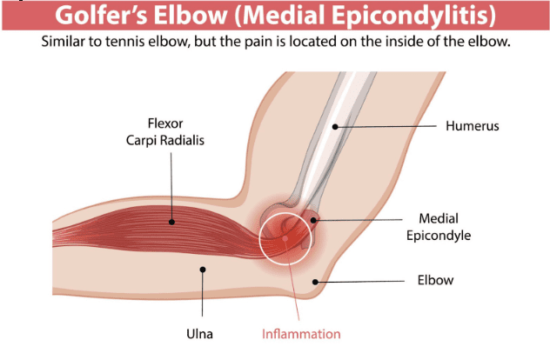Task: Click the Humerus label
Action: [x=474, y=127]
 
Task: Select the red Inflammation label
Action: [x=301, y=333]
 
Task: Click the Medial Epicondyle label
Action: [x=450, y=227]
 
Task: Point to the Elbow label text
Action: [x=438, y=281]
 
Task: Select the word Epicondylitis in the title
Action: [x=385, y=15]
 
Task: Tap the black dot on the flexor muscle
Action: [x=172, y=222]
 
